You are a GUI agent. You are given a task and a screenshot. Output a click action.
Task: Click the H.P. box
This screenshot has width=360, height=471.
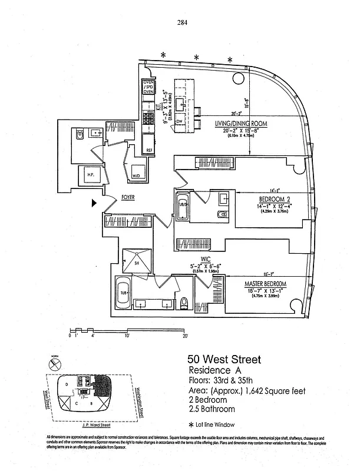coord(91,175)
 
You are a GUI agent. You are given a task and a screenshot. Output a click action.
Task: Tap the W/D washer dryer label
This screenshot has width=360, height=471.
coord(136,175)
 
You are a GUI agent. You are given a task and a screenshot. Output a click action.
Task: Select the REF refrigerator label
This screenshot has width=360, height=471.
coord(150,151)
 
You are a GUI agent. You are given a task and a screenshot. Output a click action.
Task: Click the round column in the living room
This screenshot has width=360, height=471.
coord(238,78)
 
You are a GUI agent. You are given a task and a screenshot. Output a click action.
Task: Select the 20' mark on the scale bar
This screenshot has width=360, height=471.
coord(185,336)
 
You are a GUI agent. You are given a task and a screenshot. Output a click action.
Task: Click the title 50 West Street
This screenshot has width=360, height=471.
coord(223,359)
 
